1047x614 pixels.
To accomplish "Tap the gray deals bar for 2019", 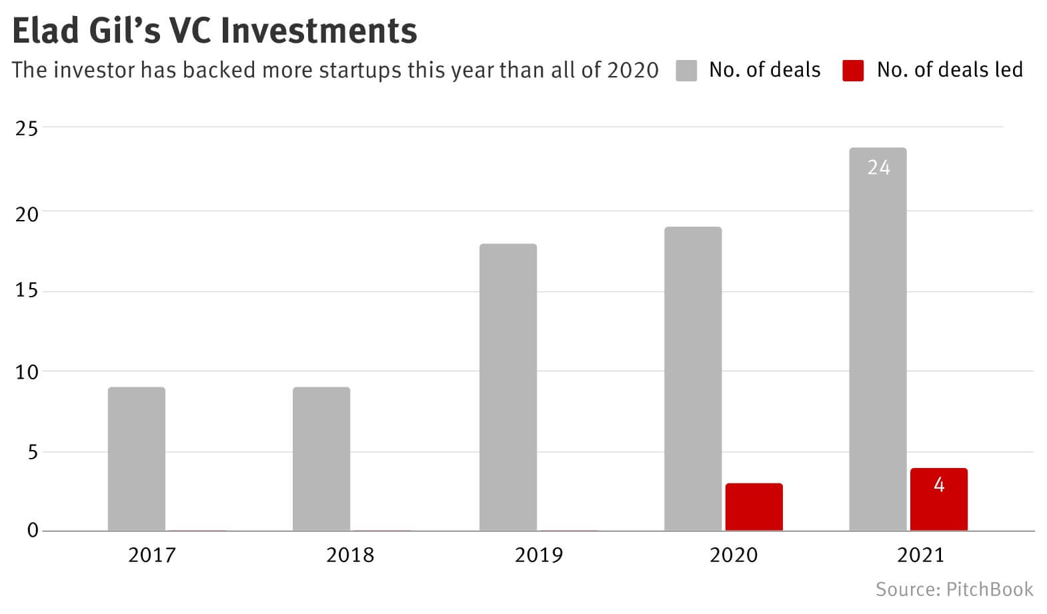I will click(507, 387).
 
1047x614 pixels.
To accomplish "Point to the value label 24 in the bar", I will click(878, 167).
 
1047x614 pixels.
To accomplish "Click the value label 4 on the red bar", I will click(939, 485).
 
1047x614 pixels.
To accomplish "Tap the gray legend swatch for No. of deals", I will click(686, 70).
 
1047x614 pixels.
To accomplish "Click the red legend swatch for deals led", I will click(853, 70).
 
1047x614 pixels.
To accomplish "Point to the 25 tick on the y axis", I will click(27, 128).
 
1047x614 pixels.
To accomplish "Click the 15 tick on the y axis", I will click(27, 291).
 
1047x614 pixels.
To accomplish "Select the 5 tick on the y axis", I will click(32, 453).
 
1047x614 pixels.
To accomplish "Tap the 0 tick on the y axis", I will click(33, 531).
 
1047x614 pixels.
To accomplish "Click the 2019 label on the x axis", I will click(538, 555).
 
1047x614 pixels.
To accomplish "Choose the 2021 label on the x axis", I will click(920, 555).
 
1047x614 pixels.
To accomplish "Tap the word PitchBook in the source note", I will click(990, 589).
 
